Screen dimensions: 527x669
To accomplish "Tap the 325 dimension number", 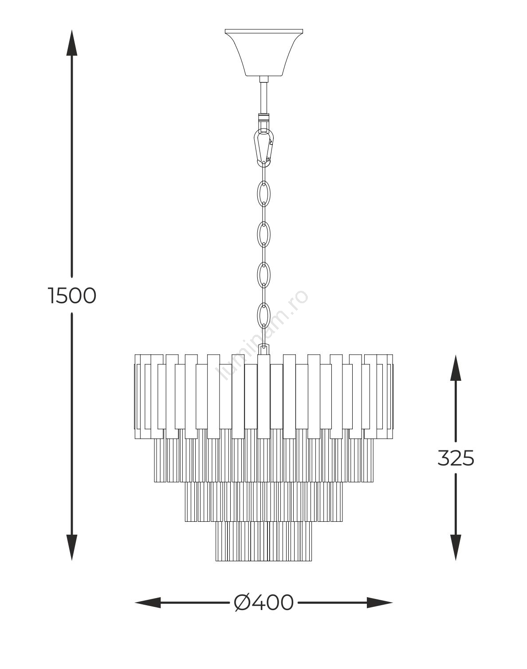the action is (x=456, y=458).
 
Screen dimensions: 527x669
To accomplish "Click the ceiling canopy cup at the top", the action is (x=264, y=53).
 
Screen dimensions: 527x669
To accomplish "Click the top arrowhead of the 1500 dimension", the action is (x=72, y=43).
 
